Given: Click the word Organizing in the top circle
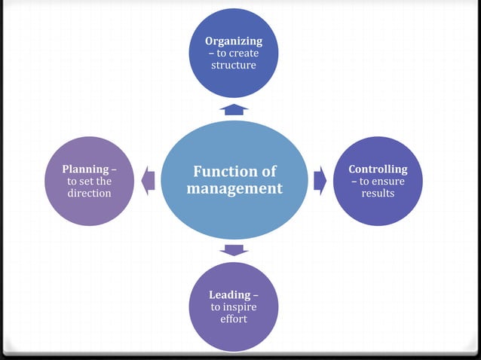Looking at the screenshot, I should [x=234, y=41].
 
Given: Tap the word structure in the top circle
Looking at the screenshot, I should [x=234, y=66].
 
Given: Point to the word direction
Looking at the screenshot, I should [x=89, y=194].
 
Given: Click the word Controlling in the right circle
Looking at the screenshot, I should [x=378, y=169].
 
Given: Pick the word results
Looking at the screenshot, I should [x=378, y=194].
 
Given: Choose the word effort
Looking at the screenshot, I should [x=234, y=319].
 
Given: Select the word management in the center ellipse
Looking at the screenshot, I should [x=234, y=188].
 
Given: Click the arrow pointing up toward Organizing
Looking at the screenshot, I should [x=234, y=109].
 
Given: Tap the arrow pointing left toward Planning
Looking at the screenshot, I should [x=149, y=181].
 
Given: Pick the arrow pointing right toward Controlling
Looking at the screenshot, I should [x=320, y=181].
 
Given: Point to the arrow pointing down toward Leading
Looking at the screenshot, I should [x=234, y=250].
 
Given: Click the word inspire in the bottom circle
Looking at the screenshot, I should [x=240, y=307].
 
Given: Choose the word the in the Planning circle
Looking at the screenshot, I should [x=104, y=182].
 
